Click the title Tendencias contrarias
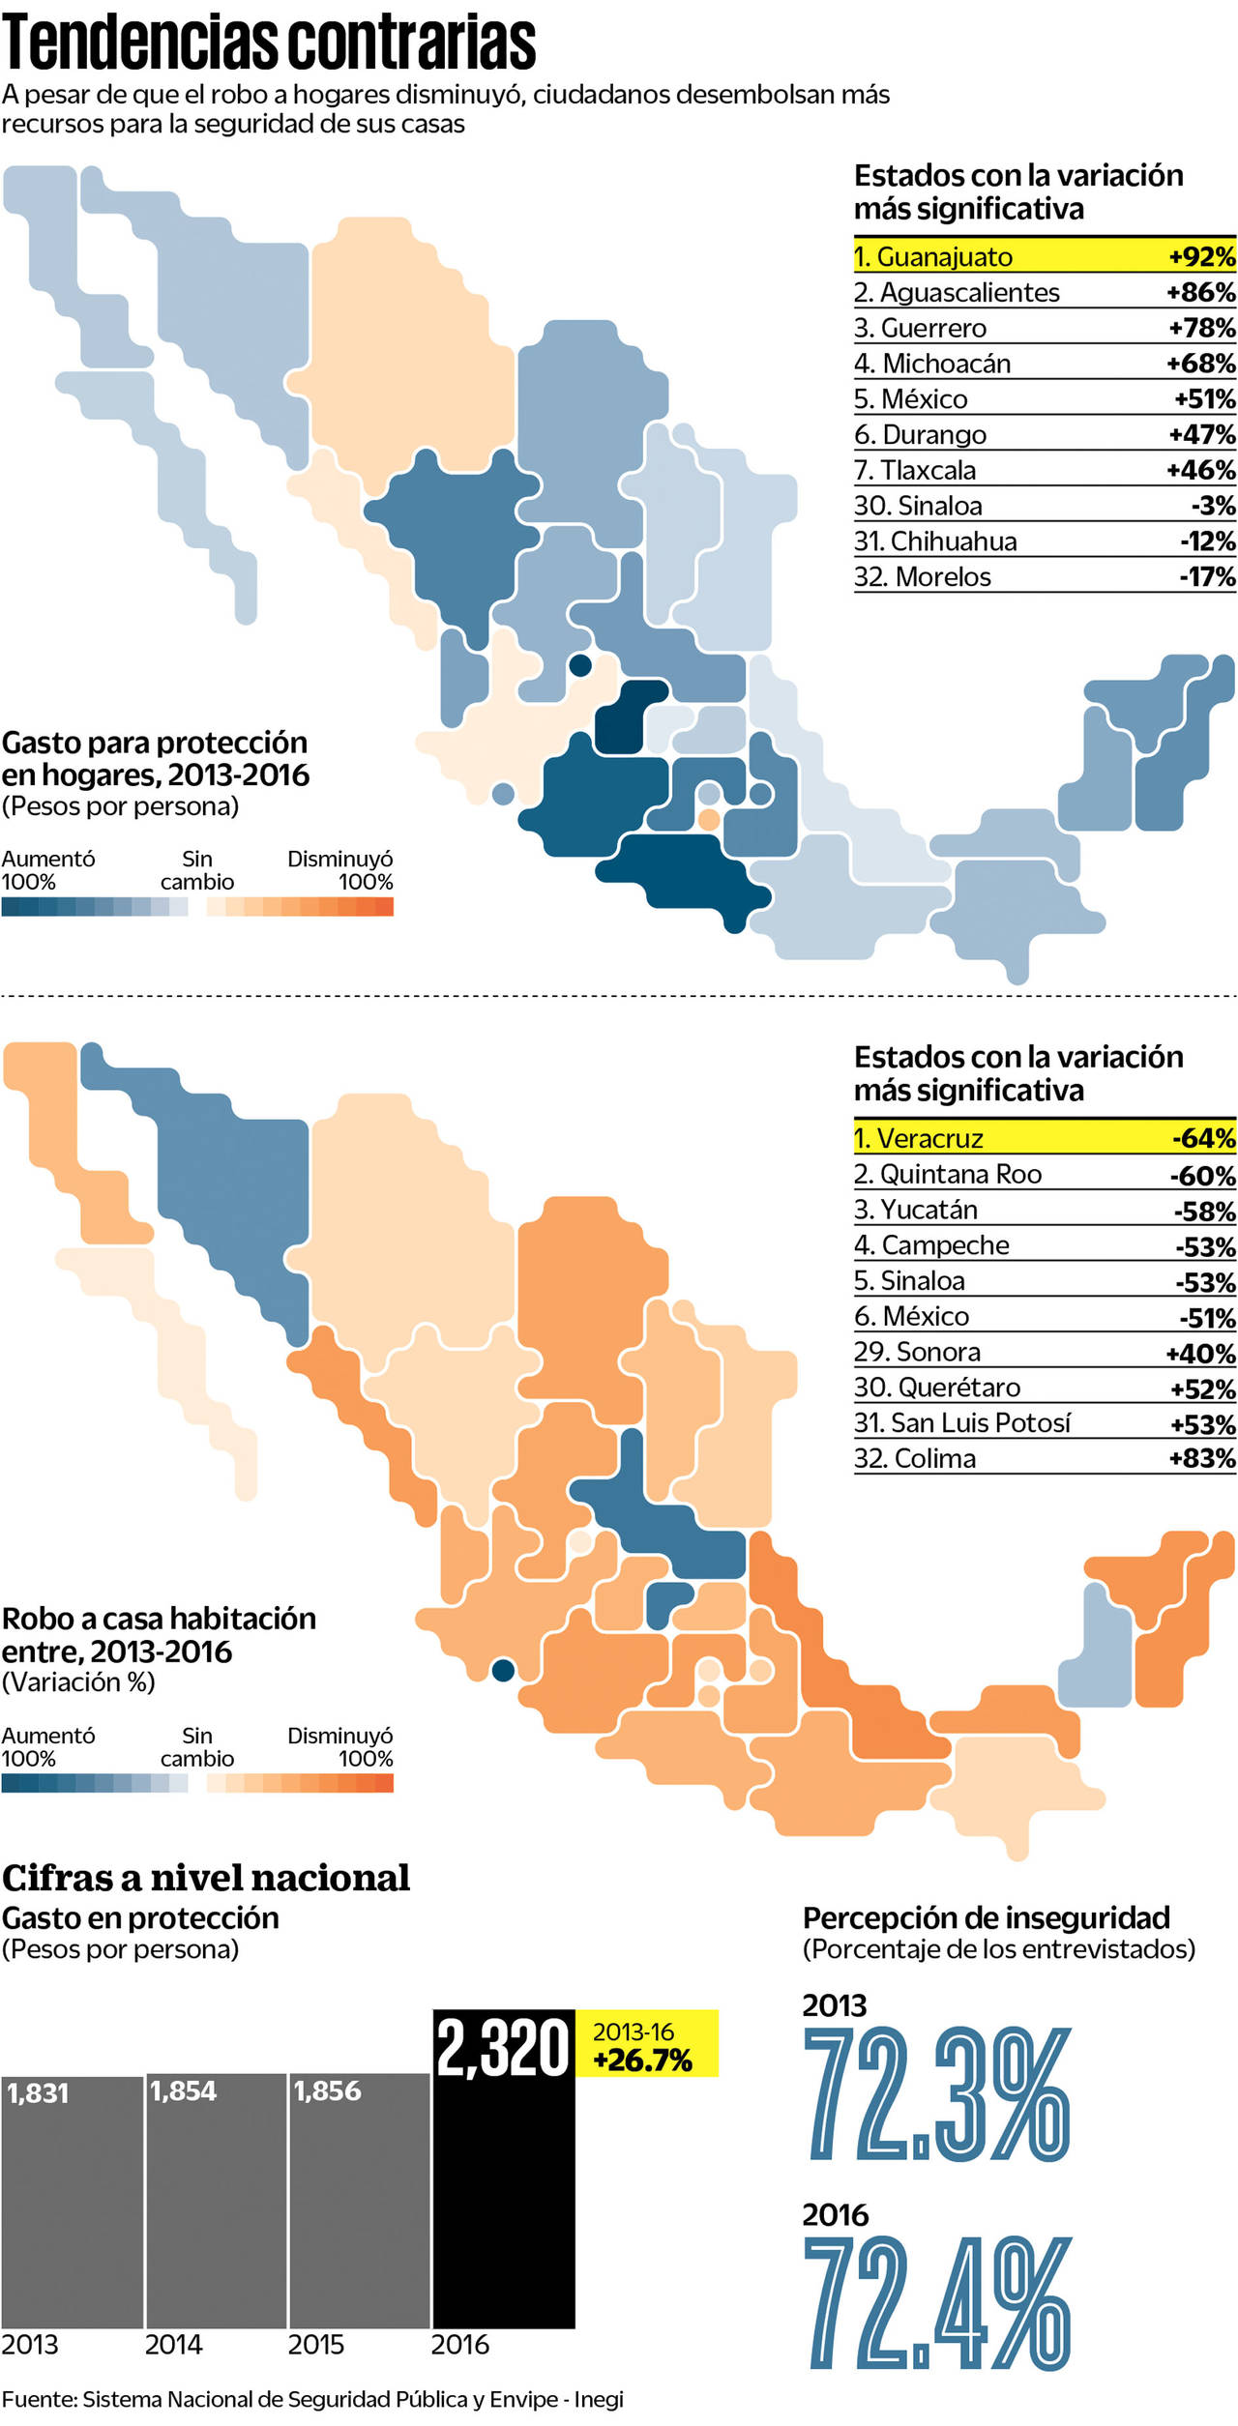tap(269, 43)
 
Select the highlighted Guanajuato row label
tap(932, 257)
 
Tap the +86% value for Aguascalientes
tap(1200, 292)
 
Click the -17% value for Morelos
tap(1206, 577)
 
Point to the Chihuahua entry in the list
tap(935, 541)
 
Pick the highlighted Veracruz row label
tap(918, 1139)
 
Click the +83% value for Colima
tap(1201, 1458)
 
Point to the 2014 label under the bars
tap(173, 2345)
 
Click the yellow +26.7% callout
tap(646, 2045)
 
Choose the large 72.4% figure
tap(936, 2303)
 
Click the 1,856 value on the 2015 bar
tap(327, 2091)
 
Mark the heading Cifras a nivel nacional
tap(206, 1878)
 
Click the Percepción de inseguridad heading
tap(987, 1917)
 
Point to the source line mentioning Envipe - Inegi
tap(312, 2400)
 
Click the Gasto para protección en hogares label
tap(155, 758)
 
